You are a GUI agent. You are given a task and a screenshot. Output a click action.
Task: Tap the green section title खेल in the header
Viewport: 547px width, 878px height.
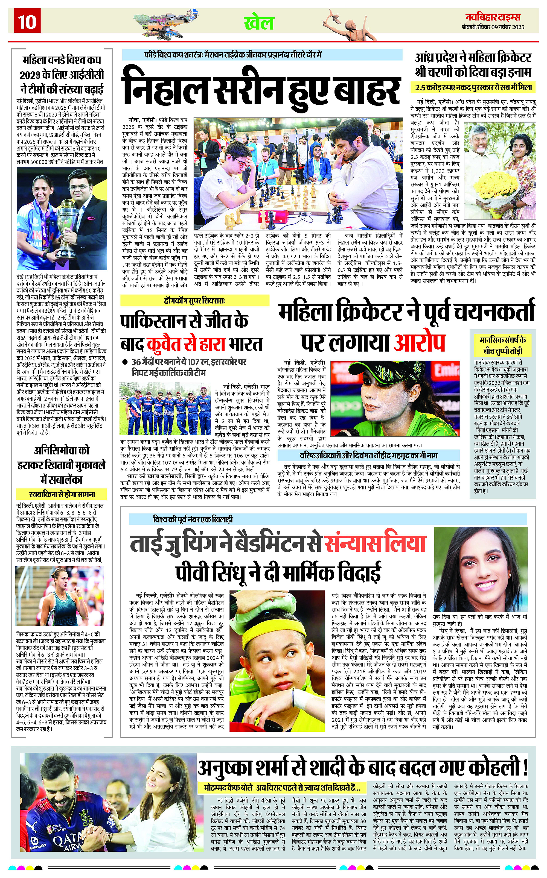click(x=259, y=23)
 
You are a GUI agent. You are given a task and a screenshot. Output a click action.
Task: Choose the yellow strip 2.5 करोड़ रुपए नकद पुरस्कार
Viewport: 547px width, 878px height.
click(x=473, y=87)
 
